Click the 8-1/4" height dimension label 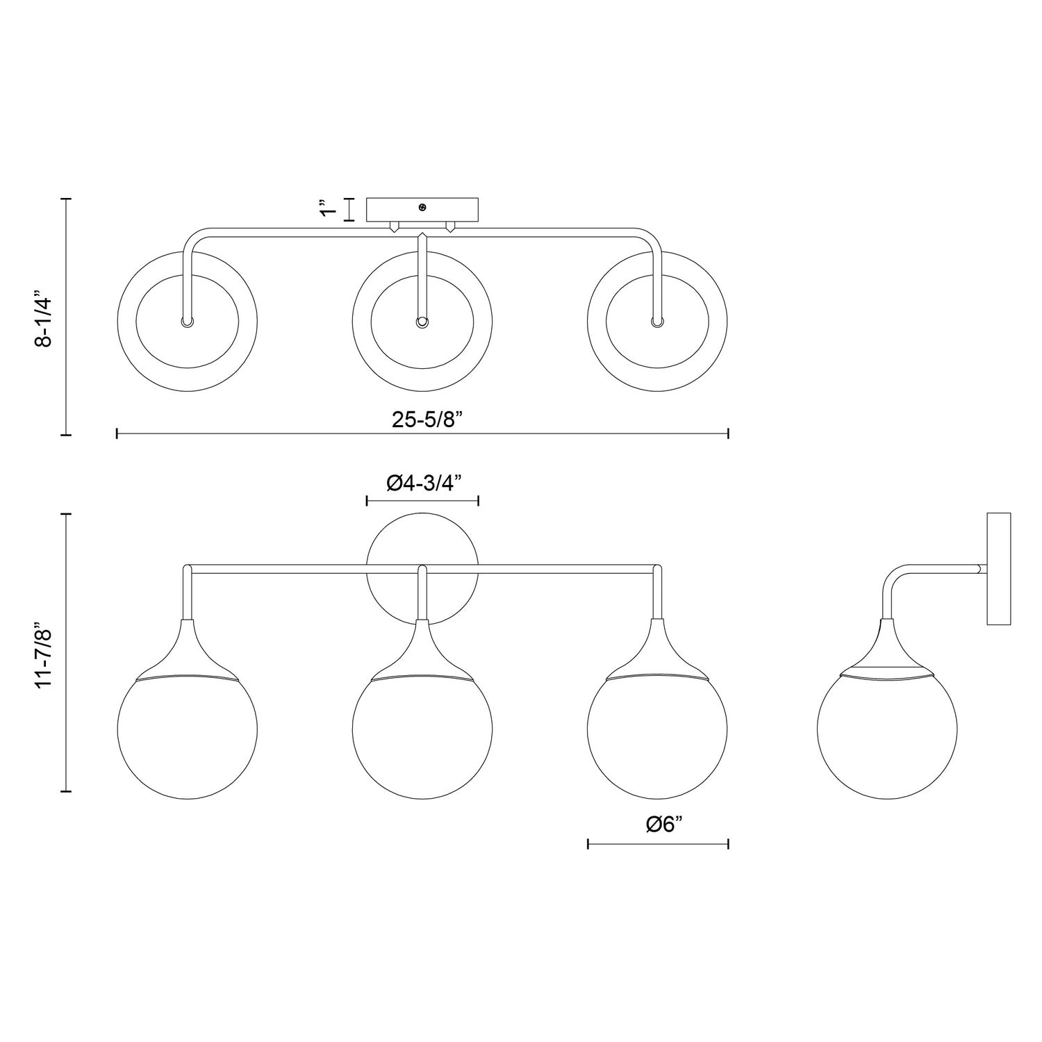pos(44,317)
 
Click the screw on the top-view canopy pos(422,207)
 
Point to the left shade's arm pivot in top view pos(187,322)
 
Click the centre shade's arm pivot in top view pos(422,322)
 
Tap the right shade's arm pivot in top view pos(657,322)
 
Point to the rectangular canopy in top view pos(422,210)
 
